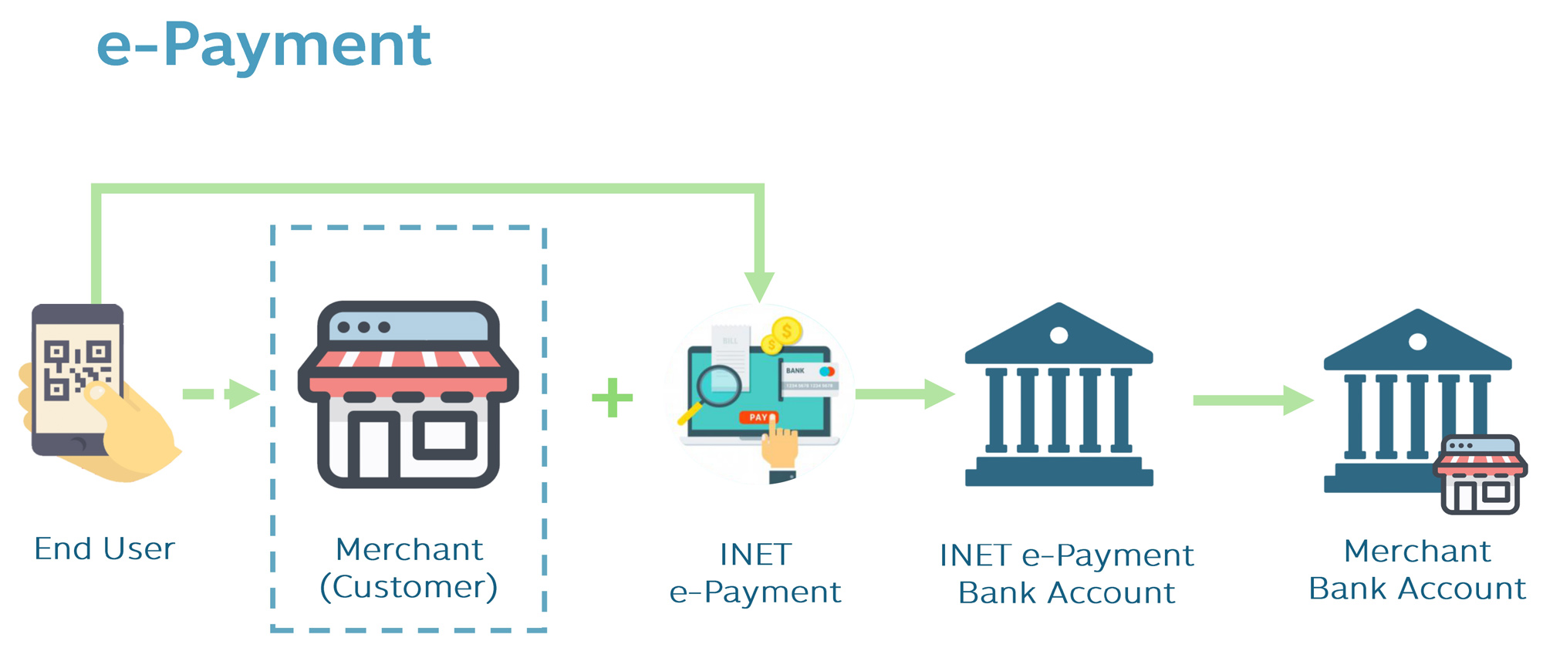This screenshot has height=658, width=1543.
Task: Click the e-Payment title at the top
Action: (x=263, y=46)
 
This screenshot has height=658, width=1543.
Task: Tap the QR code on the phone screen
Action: (x=77, y=369)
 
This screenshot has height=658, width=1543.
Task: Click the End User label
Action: (x=105, y=549)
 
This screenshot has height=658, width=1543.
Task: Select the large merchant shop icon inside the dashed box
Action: (x=408, y=394)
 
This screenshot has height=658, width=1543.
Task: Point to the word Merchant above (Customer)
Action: (x=409, y=550)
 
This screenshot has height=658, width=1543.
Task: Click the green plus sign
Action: (x=613, y=397)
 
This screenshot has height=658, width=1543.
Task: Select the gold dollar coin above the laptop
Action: (x=787, y=332)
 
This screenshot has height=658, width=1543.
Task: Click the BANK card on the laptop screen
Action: (x=809, y=378)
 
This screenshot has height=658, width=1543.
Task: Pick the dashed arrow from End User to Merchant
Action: (x=221, y=394)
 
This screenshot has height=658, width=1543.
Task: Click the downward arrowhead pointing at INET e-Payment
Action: (x=759, y=286)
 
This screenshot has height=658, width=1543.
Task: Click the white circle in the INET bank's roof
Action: (x=1059, y=336)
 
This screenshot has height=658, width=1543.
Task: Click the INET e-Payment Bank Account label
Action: (x=1066, y=574)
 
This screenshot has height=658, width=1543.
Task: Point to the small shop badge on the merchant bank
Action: (x=1481, y=475)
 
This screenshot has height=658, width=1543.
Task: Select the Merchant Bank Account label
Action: (x=1417, y=570)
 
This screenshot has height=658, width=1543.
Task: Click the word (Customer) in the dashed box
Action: (x=409, y=587)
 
